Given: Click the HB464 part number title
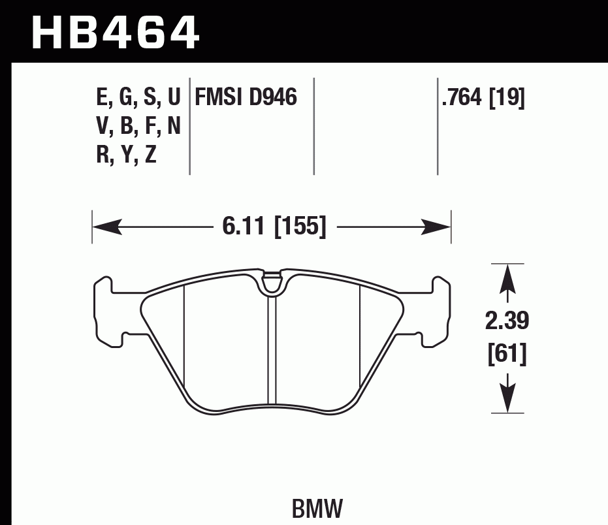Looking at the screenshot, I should pyautogui.click(x=115, y=33).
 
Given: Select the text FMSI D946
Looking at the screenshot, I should pyautogui.click(x=245, y=98).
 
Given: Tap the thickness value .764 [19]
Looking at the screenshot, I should pyautogui.click(x=483, y=98).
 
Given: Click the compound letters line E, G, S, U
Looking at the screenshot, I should pyautogui.click(x=138, y=98).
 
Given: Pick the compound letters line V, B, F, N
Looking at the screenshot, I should pyautogui.click(x=138, y=126).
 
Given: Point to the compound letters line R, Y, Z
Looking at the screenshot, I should pyautogui.click(x=126, y=155).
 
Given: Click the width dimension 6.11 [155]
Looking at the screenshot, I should pyautogui.click(x=274, y=227).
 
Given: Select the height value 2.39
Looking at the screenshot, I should pyautogui.click(x=507, y=321).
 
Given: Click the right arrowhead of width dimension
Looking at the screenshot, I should pyautogui.click(x=437, y=227).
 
